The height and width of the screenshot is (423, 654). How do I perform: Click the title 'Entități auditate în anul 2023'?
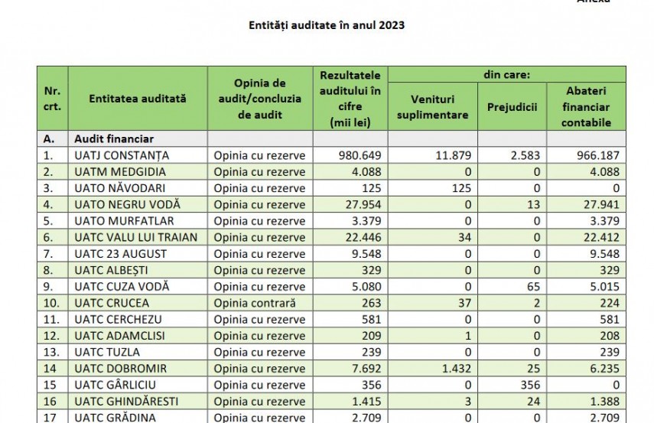coord(327,25)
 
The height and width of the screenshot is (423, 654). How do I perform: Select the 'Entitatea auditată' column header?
coord(138,99)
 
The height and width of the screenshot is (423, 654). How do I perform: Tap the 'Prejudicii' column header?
coord(512,107)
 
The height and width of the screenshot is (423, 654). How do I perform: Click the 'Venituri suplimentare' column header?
coord(432,107)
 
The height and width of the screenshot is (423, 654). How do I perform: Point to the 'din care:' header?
coord(507,75)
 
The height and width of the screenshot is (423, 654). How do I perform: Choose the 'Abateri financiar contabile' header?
coord(586,107)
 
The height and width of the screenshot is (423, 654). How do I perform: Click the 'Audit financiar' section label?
coord(114,139)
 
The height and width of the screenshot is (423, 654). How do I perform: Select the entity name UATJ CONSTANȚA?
coord(122,155)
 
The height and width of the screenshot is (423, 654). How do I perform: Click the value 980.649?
coord(360,155)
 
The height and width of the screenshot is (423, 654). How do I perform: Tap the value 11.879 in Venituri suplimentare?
coord(454,155)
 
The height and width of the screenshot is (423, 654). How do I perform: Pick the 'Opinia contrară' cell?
coord(255,303)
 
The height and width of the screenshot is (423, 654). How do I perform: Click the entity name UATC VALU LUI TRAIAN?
coord(136,237)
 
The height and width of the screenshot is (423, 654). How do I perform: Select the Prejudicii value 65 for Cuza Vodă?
coord(533,287)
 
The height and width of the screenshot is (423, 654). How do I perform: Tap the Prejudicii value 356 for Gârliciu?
coord(531,385)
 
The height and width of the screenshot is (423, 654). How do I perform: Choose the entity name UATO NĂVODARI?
coord(120,188)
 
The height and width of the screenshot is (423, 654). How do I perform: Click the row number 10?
coord(52,303)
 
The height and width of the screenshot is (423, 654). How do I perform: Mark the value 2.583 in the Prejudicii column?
coord(525,155)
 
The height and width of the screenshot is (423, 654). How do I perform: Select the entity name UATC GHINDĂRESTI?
coord(126,402)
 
